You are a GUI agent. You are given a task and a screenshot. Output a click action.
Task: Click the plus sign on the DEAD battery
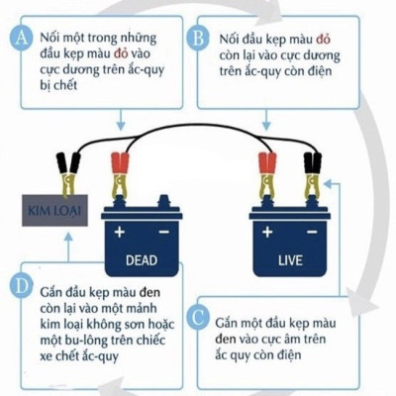tap(121, 234)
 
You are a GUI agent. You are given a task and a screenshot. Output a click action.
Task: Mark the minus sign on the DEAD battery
tap(163, 234)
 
